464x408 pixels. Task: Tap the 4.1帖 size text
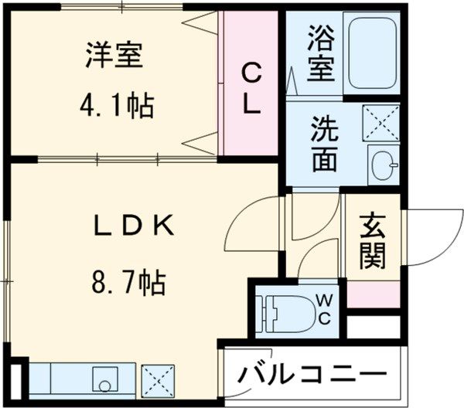[x=117, y=106]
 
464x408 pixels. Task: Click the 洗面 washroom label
[x=325, y=143]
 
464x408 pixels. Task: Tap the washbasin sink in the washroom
[x=383, y=164]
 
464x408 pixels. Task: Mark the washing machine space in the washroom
[x=383, y=122]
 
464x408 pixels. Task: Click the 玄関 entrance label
[x=373, y=242]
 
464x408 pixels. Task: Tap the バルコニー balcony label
[x=312, y=375]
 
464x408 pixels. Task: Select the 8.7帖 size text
[x=128, y=284]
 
